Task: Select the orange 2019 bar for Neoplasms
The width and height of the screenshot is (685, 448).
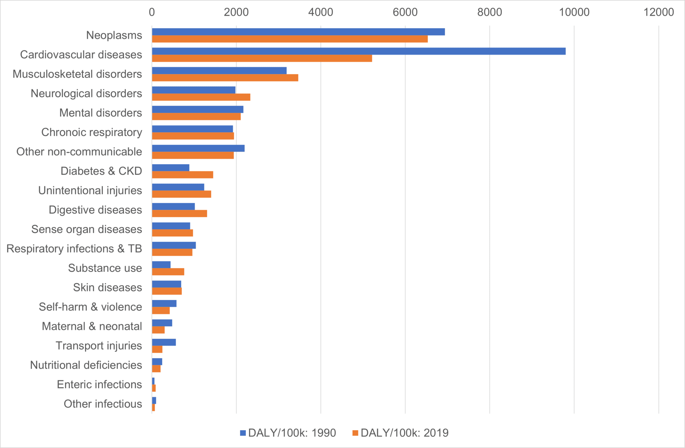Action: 290,39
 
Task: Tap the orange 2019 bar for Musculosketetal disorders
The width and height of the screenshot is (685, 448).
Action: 225,78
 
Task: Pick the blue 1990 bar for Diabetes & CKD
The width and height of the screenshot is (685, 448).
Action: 171,167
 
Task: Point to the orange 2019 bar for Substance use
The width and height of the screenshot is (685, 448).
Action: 168,272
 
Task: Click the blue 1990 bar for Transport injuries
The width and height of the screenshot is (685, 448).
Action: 164,342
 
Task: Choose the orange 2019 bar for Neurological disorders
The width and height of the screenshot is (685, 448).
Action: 201,97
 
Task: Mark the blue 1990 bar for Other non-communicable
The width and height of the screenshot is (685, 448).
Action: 198,148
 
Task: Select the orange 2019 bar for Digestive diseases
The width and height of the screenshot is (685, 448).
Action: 179,213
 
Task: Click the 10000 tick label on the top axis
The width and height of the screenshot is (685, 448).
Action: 574,12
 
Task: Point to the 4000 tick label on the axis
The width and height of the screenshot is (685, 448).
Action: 320,12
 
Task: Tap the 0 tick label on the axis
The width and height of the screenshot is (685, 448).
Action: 152,12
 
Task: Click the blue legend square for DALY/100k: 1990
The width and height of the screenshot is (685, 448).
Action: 243,433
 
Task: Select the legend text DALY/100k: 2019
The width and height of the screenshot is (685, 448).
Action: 404,433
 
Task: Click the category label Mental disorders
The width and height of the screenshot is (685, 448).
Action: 100,113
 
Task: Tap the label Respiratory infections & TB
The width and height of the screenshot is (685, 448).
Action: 74,249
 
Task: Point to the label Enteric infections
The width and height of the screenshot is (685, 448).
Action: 99,384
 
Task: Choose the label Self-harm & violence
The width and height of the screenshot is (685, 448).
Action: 90,307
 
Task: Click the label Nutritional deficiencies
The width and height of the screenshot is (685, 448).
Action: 86,365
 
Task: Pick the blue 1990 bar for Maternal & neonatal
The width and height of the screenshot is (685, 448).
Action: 162,323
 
